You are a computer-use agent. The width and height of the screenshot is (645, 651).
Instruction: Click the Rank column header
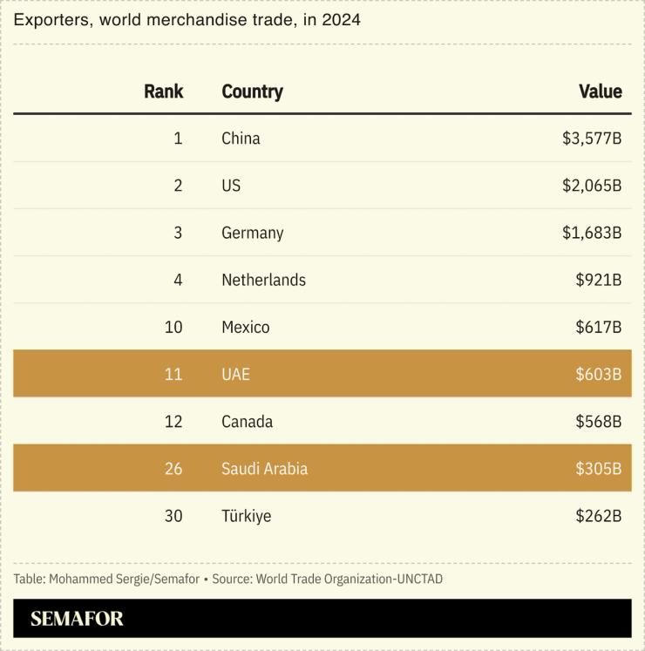click(x=163, y=92)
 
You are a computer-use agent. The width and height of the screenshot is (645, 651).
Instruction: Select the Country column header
click(x=252, y=92)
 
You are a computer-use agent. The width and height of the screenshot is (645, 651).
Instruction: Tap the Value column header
click(x=600, y=92)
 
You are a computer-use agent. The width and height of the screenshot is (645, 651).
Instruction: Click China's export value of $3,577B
click(x=591, y=139)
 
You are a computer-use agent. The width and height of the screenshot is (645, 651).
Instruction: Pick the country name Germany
click(x=252, y=233)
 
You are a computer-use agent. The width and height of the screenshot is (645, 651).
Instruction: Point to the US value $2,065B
click(x=591, y=186)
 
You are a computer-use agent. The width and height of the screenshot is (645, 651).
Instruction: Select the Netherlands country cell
click(x=263, y=280)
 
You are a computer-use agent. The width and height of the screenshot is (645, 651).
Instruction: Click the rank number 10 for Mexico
click(x=173, y=327)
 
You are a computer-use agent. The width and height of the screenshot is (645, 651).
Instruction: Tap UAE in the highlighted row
click(x=235, y=374)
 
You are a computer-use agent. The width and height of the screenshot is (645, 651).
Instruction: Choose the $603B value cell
click(x=598, y=374)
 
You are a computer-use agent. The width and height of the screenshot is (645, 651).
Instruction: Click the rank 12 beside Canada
click(x=173, y=422)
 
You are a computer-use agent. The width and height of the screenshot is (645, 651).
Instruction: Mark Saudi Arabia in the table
click(x=264, y=469)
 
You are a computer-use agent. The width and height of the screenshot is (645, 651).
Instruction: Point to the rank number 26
click(x=173, y=469)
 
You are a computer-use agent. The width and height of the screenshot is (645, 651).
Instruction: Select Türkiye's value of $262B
click(x=598, y=516)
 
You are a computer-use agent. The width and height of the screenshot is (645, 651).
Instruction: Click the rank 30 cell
click(x=173, y=516)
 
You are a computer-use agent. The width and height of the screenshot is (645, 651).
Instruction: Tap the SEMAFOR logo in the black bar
click(x=77, y=619)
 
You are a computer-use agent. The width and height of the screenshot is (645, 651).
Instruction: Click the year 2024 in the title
click(x=342, y=20)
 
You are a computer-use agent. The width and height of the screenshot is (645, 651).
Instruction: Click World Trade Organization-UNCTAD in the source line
click(x=350, y=579)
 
